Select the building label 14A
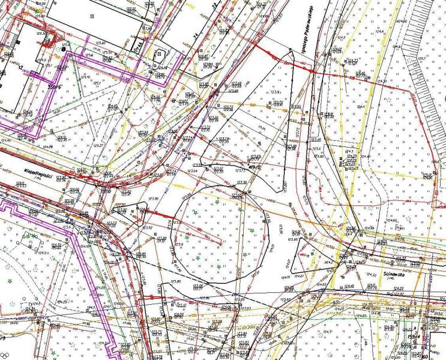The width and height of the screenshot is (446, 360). pyautogui.click(x=139, y=45)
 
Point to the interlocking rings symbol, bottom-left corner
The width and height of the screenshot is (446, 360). pyautogui.click(x=5, y=354)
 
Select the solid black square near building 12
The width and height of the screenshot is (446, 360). pyautogui.click(x=65, y=49)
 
